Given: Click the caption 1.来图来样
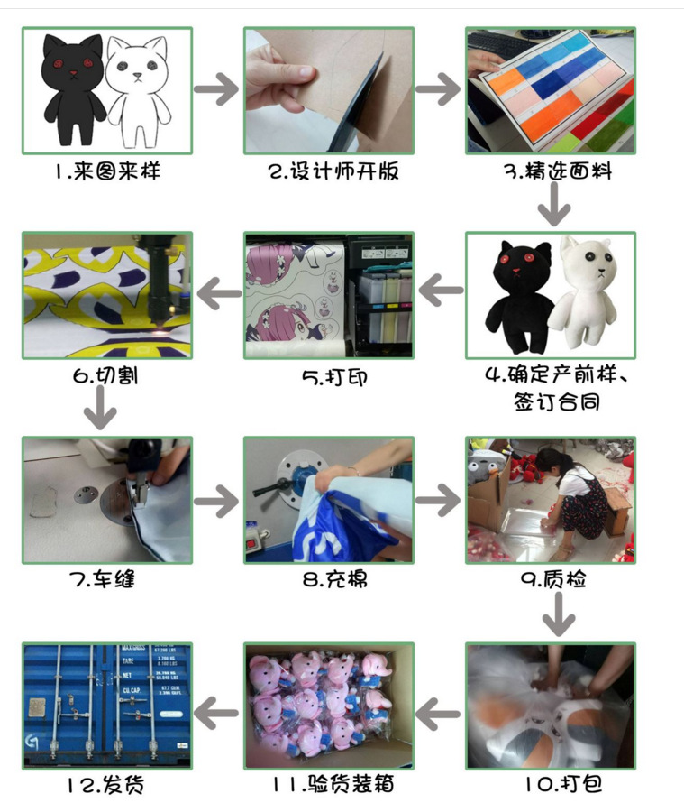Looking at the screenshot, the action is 107,171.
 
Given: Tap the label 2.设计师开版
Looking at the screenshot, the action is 333,171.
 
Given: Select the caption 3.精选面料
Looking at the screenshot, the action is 558,171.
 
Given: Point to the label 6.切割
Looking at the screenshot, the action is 105,375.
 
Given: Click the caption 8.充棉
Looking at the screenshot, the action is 335,579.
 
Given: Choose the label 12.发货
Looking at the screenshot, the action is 105,785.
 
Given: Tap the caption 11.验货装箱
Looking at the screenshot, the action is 333,784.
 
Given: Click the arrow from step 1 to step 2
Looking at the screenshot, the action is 216,89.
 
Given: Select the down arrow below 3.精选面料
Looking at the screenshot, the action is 554,205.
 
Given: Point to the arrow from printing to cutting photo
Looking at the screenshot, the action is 219,293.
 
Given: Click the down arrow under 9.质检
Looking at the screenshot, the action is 559,614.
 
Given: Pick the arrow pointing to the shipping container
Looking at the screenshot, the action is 216,714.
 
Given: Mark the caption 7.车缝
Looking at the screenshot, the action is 102,579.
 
